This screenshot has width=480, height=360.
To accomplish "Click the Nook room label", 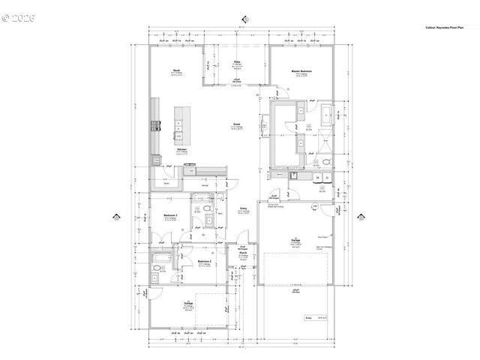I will tap(176, 71).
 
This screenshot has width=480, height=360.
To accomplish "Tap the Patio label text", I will tap(236, 61).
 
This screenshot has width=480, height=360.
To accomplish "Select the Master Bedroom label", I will tap(302, 71).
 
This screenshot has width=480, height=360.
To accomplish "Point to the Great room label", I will tap(235, 124).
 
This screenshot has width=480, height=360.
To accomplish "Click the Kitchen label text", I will tap(181, 149).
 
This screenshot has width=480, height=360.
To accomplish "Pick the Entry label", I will tap(244, 208).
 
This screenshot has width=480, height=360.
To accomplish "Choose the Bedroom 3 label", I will tap(169, 215).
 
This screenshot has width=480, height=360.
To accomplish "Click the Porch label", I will tap(243, 253).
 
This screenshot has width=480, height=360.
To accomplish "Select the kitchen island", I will tap(180, 124).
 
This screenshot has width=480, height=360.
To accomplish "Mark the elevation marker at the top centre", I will tap(245, 19).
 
